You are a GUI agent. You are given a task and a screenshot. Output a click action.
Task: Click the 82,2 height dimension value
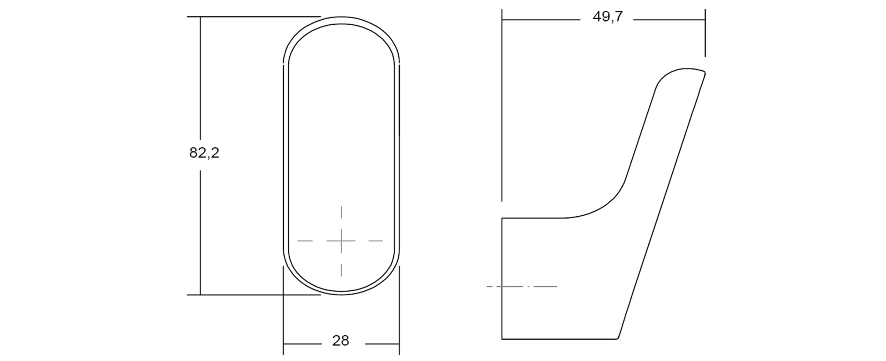[204, 153]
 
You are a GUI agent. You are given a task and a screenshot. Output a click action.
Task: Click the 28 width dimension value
[340, 341]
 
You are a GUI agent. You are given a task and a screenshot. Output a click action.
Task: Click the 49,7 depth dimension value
[607, 17]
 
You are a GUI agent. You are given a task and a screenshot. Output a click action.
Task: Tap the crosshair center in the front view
[341, 241]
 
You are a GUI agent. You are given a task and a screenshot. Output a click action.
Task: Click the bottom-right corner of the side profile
[617, 338]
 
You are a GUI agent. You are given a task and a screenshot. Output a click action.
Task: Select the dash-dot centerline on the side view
[522, 286]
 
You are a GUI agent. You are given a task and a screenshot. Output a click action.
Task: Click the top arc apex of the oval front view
[341, 17]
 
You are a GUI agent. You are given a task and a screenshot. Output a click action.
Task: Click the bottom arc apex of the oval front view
[341, 295]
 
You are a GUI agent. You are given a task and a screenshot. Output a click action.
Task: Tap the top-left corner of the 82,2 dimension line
[200, 17]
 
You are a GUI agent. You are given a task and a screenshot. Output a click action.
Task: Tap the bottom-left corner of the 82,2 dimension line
[200, 295]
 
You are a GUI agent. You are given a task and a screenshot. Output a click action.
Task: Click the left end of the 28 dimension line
[283, 344]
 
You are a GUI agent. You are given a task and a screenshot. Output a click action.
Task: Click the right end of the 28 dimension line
[399, 344]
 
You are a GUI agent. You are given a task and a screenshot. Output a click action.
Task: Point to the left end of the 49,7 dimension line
[502, 20]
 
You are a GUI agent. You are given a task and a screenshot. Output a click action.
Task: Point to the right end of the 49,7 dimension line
[705, 20]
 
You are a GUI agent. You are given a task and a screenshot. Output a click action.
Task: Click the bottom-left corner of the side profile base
[502, 339]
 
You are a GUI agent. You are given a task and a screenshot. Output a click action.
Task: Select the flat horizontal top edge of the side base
[532, 218]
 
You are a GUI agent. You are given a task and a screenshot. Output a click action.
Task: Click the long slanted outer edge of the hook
[661, 207]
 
